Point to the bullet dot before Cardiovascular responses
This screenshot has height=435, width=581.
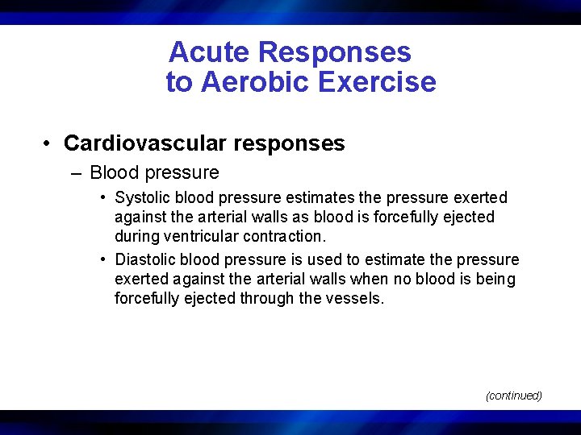click(x=48, y=143)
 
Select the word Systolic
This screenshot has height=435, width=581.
click(x=143, y=197)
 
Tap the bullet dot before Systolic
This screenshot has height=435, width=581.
click(x=104, y=197)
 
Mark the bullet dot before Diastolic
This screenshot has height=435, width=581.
click(x=104, y=259)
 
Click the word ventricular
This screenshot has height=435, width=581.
click(x=197, y=236)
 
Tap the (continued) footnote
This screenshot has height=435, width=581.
click(x=513, y=396)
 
